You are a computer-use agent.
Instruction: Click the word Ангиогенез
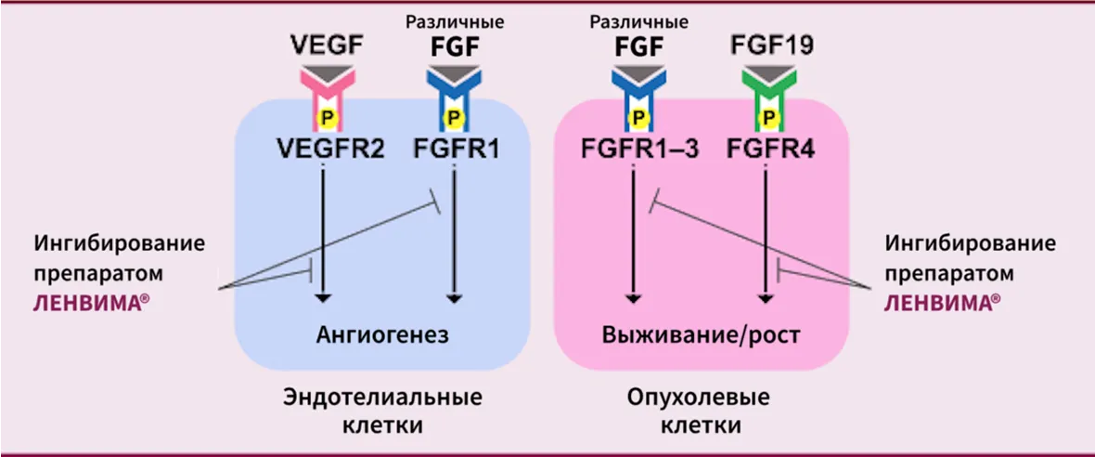coord(382,334)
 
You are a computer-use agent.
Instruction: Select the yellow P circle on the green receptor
coord(766,117)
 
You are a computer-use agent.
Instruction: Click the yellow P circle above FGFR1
coord(453,117)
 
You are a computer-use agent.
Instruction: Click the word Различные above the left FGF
coord(453,21)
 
